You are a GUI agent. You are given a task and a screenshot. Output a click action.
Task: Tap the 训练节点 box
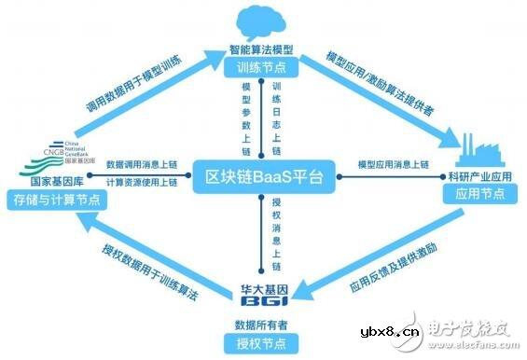263,67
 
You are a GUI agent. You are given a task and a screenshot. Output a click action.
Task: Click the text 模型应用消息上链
393,165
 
